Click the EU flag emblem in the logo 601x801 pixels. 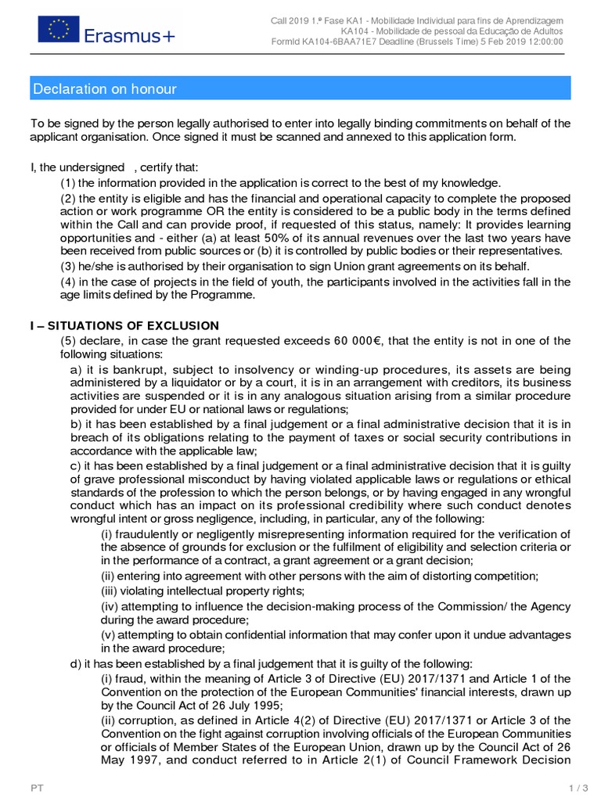(59, 31)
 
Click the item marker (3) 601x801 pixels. (68, 266)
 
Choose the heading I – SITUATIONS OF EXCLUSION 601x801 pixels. (124, 325)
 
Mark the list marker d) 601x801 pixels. (76, 663)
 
